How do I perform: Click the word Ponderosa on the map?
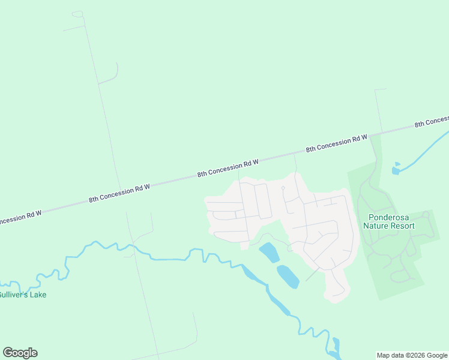click(x=389, y=217)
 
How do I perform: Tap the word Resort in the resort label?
click(x=402, y=226)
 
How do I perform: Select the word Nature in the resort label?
click(x=375, y=226)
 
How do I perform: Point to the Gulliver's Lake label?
click(x=23, y=295)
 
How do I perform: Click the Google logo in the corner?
click(x=20, y=353)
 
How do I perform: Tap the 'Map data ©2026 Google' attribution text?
click(x=412, y=355)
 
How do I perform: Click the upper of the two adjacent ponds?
click(x=269, y=253)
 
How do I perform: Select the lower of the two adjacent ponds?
click(x=288, y=276)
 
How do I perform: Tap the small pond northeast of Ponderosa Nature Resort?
click(x=396, y=170)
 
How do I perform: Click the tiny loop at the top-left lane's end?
click(x=77, y=14)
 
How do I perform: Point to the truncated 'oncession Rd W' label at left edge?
click(x=20, y=219)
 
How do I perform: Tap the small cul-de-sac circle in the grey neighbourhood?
click(x=283, y=188)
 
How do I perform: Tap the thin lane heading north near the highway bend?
click(x=379, y=111)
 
